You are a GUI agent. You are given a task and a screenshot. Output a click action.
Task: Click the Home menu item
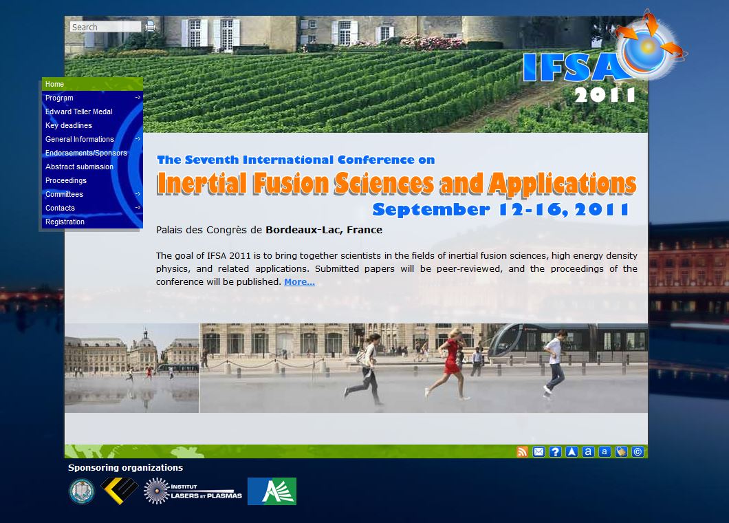pos(54,84)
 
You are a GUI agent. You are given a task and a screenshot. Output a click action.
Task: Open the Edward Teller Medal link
pos(78,111)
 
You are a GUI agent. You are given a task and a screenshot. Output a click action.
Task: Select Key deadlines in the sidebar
pos(68,126)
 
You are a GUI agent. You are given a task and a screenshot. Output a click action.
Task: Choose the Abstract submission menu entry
pos(79,167)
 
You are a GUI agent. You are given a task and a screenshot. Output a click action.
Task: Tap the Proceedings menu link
pos(65,180)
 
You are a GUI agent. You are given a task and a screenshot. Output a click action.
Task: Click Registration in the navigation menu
pos(65,222)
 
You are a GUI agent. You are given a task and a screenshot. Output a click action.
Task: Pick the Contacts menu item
pos(60,208)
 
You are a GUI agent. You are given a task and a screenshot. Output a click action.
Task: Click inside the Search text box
pos(105,27)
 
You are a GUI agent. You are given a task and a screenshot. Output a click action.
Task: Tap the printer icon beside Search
pos(150,27)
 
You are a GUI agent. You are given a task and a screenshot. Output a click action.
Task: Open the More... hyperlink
pos(299,282)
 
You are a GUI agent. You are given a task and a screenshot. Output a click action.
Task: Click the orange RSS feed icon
pos(522,452)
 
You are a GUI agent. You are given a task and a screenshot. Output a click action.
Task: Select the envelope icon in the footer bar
pos(538,452)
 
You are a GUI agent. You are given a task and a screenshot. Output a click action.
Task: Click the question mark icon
pos(555,452)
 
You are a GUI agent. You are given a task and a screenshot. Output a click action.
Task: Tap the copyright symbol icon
pos(638,452)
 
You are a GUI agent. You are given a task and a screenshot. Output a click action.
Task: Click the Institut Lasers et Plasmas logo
pos(193,491)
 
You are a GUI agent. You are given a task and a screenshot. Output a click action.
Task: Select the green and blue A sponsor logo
pos(272,491)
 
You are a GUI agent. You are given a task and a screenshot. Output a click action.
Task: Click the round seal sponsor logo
pos(82,491)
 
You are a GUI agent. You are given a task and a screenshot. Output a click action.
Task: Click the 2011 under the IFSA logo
pos(605,95)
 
